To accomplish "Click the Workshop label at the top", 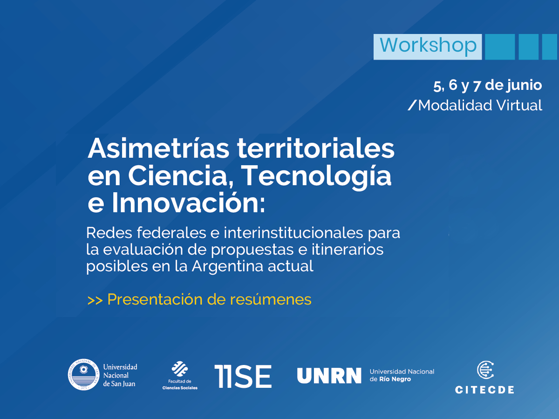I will (x=428, y=46).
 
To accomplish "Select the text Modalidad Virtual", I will (x=480, y=106).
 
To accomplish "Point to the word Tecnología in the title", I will (x=317, y=176).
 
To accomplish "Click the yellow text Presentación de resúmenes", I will (x=209, y=300).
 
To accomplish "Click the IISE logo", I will (x=243, y=376).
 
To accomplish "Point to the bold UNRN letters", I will (x=329, y=376).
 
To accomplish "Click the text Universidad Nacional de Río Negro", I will (x=402, y=375).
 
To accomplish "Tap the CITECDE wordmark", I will (x=484, y=390).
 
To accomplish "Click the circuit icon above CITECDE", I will (x=485, y=370).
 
